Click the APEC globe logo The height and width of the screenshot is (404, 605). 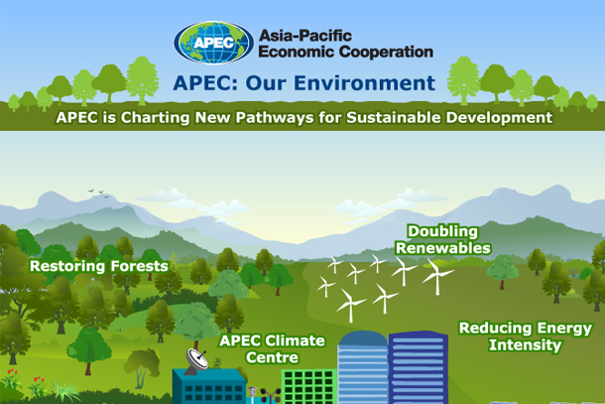pos(212,43)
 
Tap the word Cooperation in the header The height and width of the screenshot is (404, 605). pos(387,52)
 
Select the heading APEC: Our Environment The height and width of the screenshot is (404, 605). pos(303,82)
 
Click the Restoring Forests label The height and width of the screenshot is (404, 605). pos(98,266)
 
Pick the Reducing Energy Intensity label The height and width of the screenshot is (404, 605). pos(525,337)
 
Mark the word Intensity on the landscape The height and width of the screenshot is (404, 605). pos(525,345)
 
